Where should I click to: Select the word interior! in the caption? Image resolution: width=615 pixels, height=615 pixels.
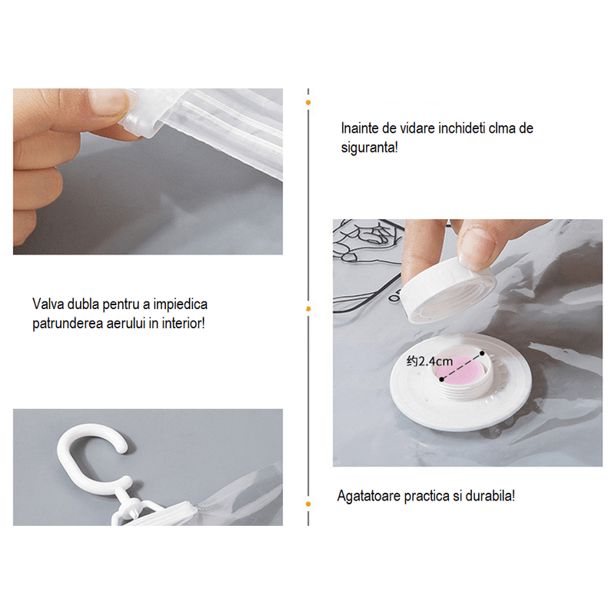pyautogui.click(x=180, y=324)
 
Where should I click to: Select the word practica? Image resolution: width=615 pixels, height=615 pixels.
pyautogui.click(x=427, y=496)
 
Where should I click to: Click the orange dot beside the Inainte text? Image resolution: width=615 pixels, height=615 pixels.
pyautogui.click(x=308, y=101)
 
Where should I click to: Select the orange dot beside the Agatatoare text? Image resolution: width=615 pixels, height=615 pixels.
pyautogui.click(x=308, y=504)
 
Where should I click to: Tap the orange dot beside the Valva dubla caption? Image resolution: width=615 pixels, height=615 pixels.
pyautogui.click(x=308, y=308)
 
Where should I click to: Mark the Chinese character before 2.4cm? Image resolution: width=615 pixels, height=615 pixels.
pyautogui.click(x=413, y=361)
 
